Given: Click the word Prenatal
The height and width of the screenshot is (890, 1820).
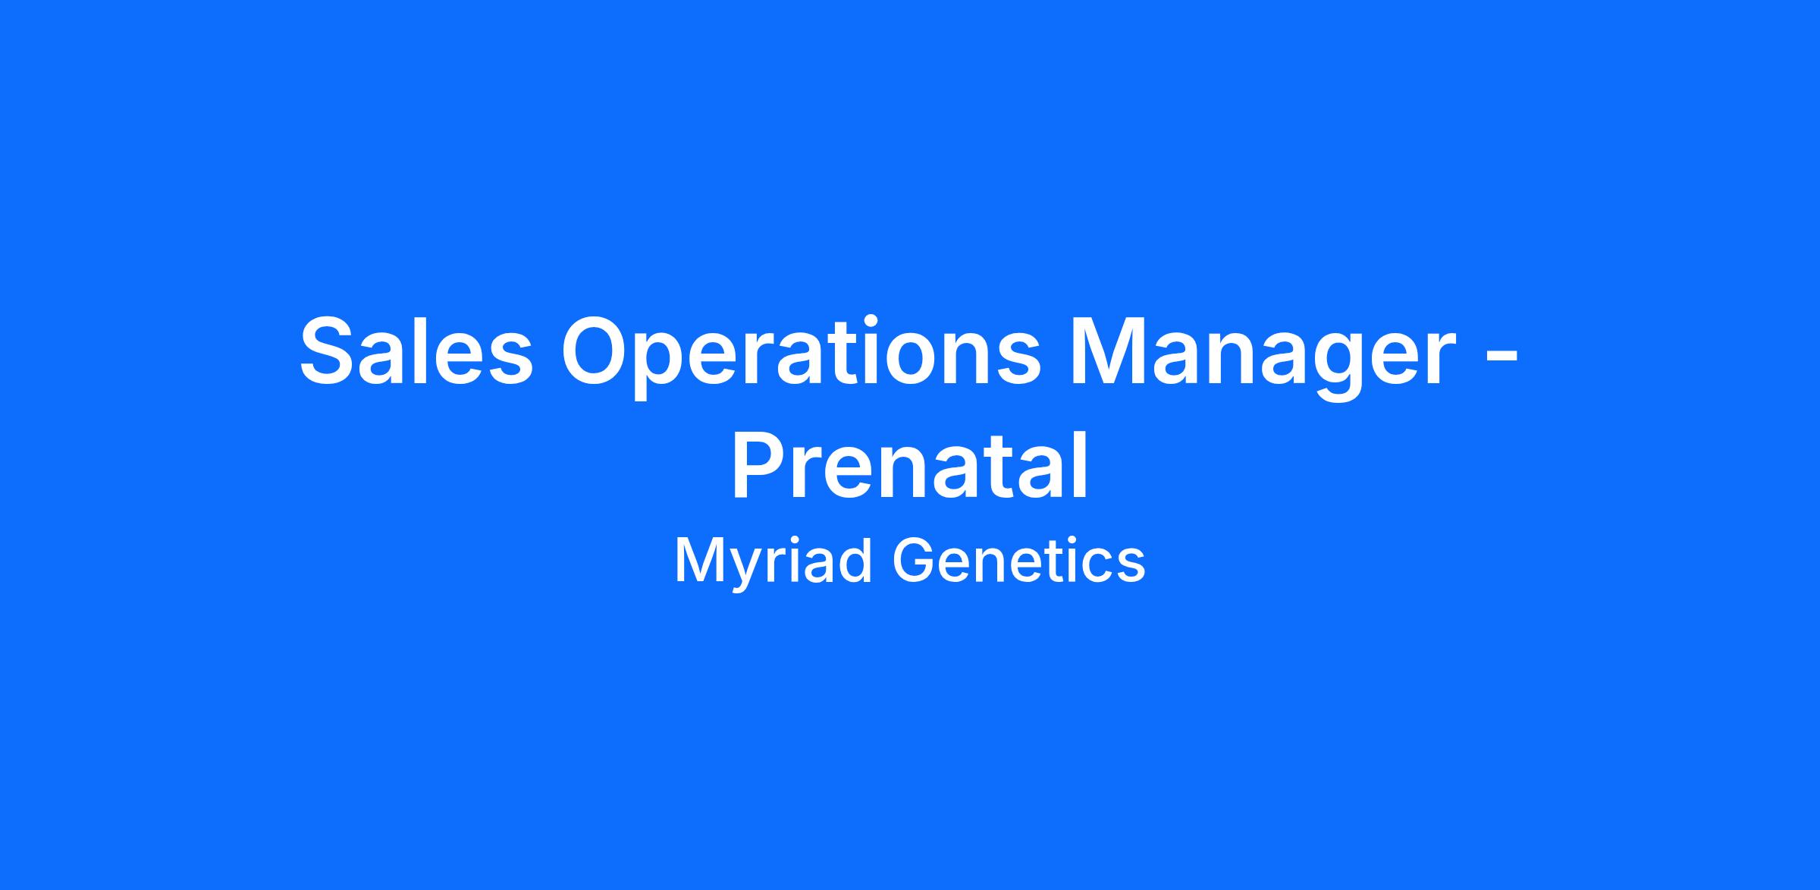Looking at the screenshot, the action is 910,465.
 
